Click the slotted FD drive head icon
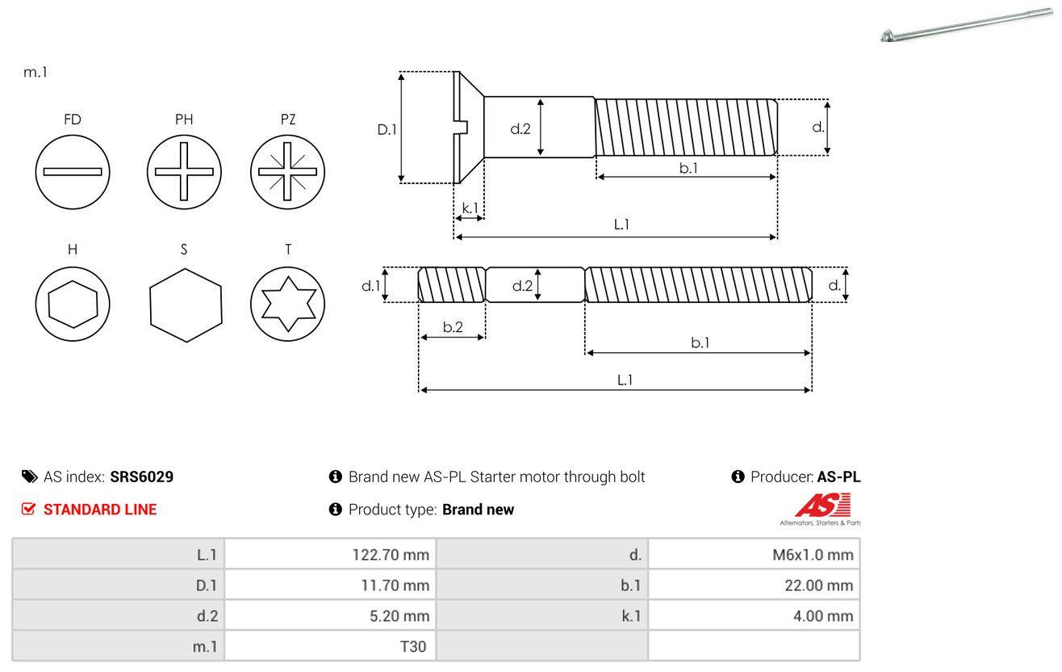73,171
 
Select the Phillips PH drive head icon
184,171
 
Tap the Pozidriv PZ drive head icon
287,171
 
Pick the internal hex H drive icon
73,304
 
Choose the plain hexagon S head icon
185,304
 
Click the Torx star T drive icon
287,304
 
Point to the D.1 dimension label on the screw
387,128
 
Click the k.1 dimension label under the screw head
470,208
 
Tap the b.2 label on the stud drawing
453,327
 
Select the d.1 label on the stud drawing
370,285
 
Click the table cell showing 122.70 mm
330,554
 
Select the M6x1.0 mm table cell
754,554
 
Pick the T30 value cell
330,646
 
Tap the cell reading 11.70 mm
330,585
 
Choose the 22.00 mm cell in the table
754,585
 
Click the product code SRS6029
141,477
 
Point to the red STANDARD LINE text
100,510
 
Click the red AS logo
822,506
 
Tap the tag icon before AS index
29,477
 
